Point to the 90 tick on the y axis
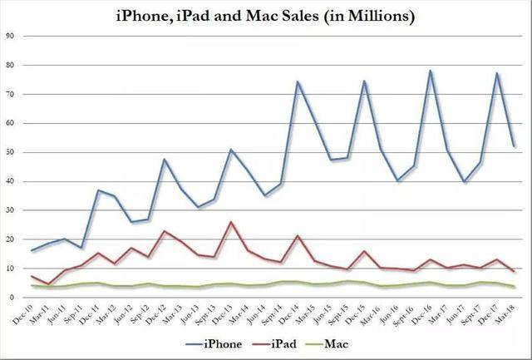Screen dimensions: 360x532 [x=10, y=36]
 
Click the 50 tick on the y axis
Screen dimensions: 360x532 [x=10, y=152]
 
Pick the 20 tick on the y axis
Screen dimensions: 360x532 [x=10, y=239]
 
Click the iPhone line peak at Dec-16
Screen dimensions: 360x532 [x=431, y=71]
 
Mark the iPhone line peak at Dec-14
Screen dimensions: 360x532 [x=298, y=81]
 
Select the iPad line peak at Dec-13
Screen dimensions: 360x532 [x=231, y=222]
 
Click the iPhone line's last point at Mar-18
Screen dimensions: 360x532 [x=515, y=146]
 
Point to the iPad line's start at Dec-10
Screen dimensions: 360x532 [x=32, y=276]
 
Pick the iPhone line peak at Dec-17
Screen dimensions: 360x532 [x=497, y=73]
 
